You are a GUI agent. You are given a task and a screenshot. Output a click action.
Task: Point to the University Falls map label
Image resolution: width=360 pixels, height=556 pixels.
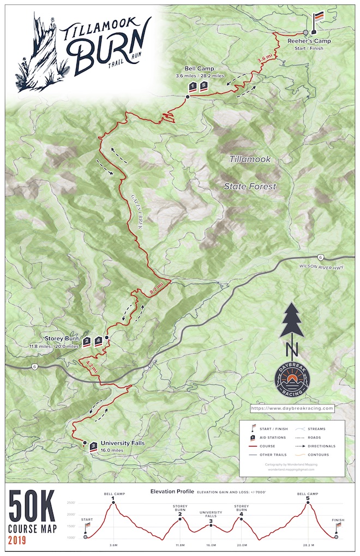[123, 443]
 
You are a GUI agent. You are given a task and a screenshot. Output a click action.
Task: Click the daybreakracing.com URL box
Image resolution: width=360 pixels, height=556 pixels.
[292, 408]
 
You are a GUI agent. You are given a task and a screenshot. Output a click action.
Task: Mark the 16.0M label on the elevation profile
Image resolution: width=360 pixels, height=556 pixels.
[211, 544]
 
